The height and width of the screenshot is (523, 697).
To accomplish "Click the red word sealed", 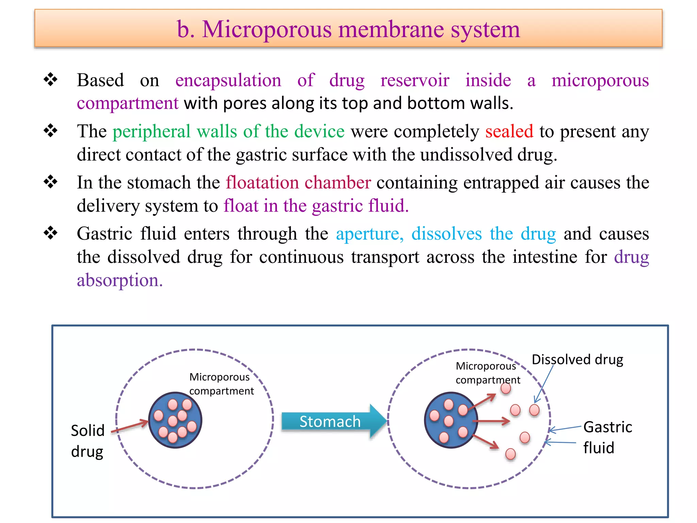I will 509,131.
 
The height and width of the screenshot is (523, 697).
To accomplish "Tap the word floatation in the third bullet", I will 262,183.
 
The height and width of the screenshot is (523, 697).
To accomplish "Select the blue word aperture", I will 370,234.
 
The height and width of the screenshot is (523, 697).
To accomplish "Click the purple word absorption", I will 119,280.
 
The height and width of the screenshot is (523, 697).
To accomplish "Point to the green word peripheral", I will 151,131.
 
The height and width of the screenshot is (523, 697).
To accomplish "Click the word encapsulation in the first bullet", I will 228,80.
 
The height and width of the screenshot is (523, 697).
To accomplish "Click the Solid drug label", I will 87,441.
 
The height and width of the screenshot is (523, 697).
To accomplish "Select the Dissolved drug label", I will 577,360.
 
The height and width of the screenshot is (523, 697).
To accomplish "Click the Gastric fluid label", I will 607,437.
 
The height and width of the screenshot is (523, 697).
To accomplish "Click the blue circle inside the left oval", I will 175,420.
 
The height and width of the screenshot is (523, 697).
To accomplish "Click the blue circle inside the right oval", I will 451,420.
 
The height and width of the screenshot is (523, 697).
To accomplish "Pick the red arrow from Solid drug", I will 130,427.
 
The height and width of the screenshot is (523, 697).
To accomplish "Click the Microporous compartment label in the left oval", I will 221,384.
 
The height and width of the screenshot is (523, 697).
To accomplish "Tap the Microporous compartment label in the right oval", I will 487,373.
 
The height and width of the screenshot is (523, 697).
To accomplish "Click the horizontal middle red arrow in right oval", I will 492,422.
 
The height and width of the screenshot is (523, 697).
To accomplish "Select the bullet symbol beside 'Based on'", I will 51,80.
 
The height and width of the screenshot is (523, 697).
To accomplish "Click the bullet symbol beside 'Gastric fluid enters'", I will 51,233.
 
